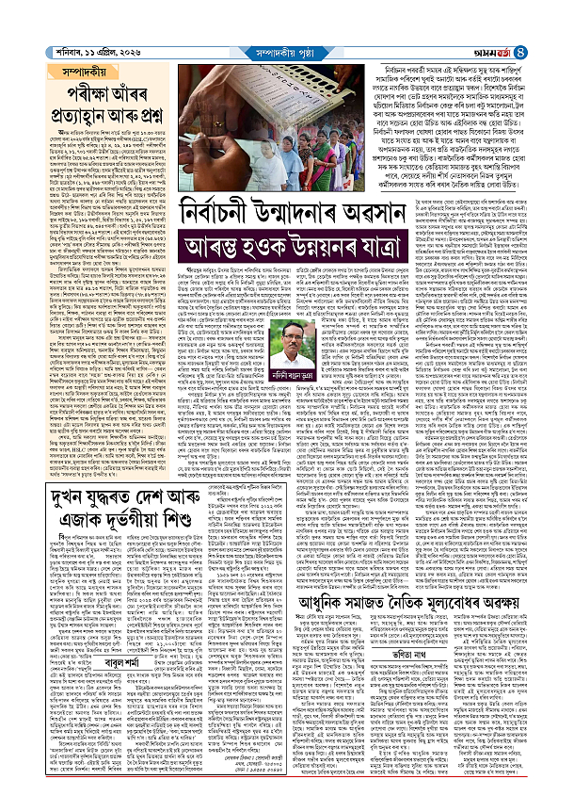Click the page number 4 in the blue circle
559,12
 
